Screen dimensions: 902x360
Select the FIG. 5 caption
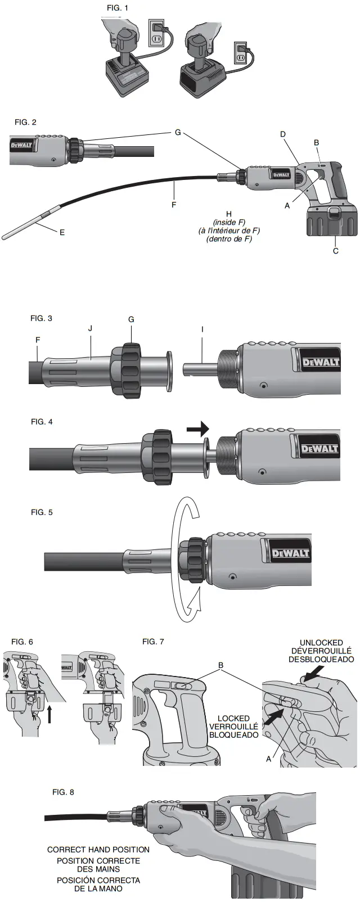coord(42,512)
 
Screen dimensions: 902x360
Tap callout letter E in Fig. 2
coord(62,232)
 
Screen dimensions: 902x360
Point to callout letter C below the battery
coord(336,251)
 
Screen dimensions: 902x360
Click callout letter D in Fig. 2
coord(283,134)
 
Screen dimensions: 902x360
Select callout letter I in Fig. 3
coord(202,328)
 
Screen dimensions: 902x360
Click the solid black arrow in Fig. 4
coord(197,430)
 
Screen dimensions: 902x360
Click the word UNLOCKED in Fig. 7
coord(321,643)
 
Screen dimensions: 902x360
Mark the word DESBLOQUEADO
coord(321,660)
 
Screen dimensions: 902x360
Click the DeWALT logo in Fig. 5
coord(290,553)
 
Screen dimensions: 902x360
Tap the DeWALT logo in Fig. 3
coord(321,362)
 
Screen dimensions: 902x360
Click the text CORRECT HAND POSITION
coord(98,850)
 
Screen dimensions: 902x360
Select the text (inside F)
coord(228,222)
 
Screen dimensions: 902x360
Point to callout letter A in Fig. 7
coord(268,759)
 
